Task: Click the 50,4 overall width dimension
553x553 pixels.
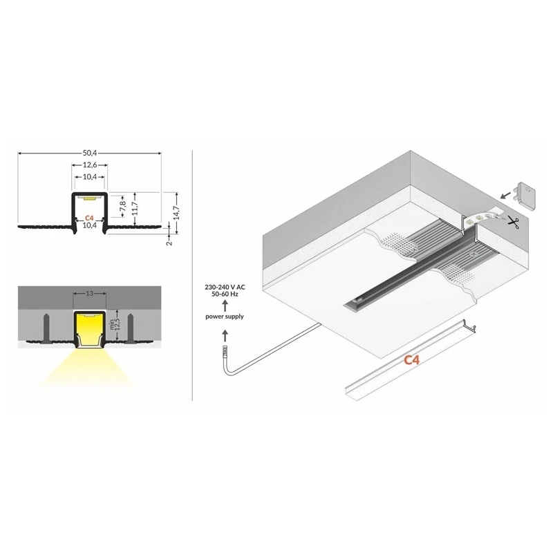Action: [90, 153]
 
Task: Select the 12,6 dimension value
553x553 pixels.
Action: [90, 165]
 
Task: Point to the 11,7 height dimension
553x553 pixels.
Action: [135, 209]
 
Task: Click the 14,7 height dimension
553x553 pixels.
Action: [177, 213]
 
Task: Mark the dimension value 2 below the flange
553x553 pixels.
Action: [169, 243]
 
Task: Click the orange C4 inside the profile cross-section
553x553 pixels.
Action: [89, 218]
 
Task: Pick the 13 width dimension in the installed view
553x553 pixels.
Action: [90, 293]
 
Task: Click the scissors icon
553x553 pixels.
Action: [513, 221]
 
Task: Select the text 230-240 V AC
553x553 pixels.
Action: [225, 288]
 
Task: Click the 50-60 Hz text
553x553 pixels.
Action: [225, 294]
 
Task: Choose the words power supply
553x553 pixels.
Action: [225, 317]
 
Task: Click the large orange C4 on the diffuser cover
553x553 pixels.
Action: [412, 359]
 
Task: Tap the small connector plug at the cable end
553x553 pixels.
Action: [225, 351]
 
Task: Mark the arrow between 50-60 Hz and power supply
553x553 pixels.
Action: [225, 305]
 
